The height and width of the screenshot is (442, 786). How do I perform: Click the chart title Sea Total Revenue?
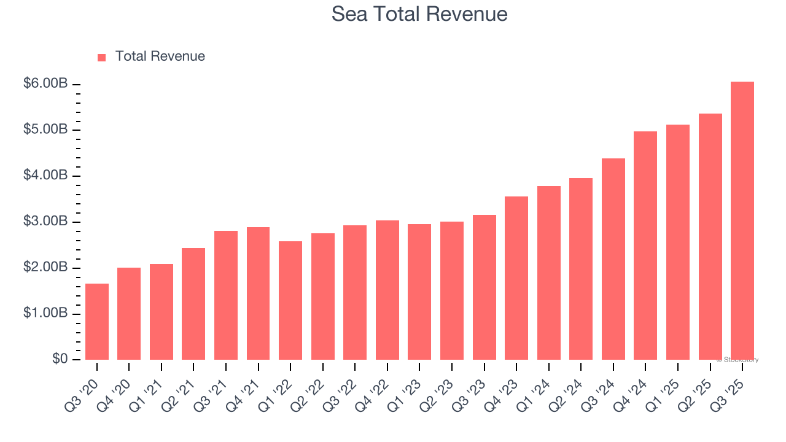419,14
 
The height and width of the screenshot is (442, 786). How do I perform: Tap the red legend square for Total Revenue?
102,57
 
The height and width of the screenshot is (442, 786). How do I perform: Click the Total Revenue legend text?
160,56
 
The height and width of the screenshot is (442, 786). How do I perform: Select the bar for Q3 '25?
742,221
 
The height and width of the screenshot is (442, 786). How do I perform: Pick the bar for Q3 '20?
97,322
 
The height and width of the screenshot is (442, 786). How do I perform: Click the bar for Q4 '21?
258,293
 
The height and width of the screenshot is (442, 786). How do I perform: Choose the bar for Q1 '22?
290,301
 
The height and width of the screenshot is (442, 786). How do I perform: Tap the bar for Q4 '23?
516,278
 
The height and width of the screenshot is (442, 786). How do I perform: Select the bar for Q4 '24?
645,246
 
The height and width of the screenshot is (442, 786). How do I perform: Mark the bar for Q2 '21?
193,304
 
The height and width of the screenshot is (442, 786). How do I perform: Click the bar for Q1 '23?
419,292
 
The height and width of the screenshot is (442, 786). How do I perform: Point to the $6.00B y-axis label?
45,83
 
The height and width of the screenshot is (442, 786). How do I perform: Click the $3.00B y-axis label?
45,222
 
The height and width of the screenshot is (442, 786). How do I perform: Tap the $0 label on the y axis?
60,359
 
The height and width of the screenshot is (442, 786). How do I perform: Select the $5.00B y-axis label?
45,130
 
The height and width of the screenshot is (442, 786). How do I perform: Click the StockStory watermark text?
737,360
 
